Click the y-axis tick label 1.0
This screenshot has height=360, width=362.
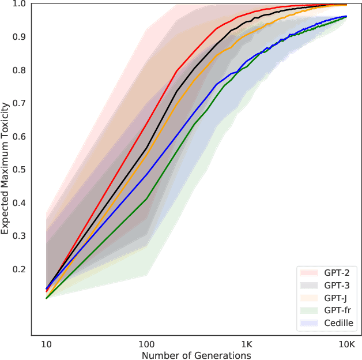[x=20, y=4]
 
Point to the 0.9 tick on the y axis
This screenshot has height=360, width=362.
[x=20, y=37]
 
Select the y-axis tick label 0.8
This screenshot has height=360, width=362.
[x=20, y=70]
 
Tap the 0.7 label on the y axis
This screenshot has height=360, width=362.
[x=20, y=103]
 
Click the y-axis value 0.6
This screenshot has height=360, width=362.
[x=20, y=137]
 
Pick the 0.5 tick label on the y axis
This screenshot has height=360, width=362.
[x=20, y=170]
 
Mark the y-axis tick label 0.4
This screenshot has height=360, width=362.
[x=20, y=203]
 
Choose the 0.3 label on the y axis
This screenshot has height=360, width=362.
[x=20, y=237]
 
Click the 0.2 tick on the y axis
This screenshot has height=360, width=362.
[x=20, y=269]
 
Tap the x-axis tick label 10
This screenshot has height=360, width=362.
[x=47, y=344]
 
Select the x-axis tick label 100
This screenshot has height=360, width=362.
[x=146, y=344]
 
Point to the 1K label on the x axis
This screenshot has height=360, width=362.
[x=247, y=344]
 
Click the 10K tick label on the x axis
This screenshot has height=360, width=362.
[x=346, y=344]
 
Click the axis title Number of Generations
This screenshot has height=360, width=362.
[x=196, y=355]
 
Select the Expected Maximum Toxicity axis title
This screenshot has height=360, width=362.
[x=5, y=168]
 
